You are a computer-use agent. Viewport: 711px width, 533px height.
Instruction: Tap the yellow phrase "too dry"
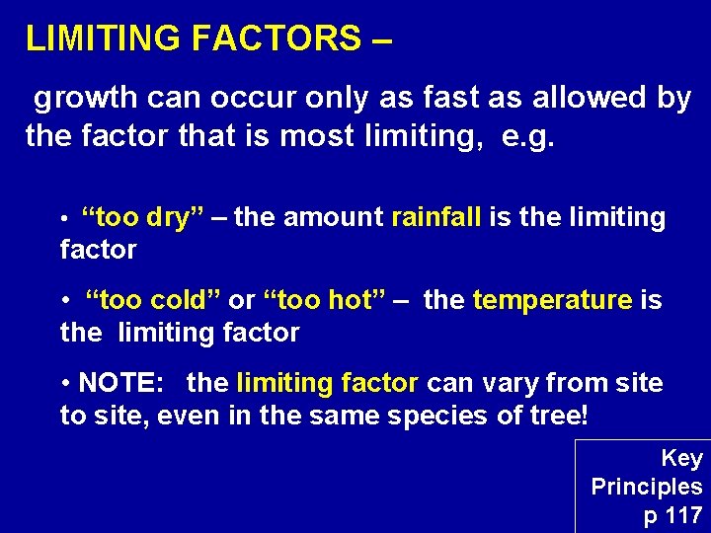tap(142, 218)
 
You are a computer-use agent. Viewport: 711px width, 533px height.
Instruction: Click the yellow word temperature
tap(552, 300)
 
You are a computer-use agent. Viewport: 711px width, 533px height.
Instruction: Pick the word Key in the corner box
tap(681, 458)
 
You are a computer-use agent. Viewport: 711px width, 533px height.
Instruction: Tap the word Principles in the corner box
tap(647, 487)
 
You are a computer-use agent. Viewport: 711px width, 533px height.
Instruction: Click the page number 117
tap(683, 515)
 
